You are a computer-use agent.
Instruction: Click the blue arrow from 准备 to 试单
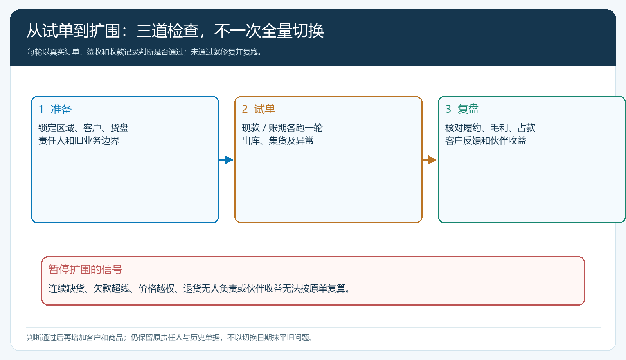(226, 160)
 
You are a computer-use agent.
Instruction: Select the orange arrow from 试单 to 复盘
(429, 160)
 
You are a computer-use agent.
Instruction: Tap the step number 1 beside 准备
(41, 109)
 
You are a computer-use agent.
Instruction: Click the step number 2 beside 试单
(245, 109)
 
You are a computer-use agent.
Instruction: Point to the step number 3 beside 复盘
(448, 109)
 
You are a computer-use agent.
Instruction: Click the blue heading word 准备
(61, 109)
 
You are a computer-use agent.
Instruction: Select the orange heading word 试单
(264, 109)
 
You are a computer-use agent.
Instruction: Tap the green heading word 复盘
(468, 109)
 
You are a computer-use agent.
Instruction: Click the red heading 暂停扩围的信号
(85, 270)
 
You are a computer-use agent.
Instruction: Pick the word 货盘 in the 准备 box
(119, 128)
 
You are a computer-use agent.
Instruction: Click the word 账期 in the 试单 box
(277, 128)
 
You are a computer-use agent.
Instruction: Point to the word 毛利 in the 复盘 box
(499, 128)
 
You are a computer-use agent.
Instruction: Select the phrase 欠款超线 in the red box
(111, 288)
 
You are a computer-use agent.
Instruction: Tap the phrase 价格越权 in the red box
(156, 288)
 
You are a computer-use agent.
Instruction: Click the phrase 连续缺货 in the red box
(66, 288)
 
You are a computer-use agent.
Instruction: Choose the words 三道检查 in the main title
(167, 31)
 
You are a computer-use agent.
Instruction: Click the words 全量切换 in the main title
(293, 31)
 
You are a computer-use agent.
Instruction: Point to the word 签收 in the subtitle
(94, 52)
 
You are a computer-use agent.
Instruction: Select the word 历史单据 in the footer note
(205, 338)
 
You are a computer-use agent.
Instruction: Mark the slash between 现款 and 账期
(264, 128)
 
